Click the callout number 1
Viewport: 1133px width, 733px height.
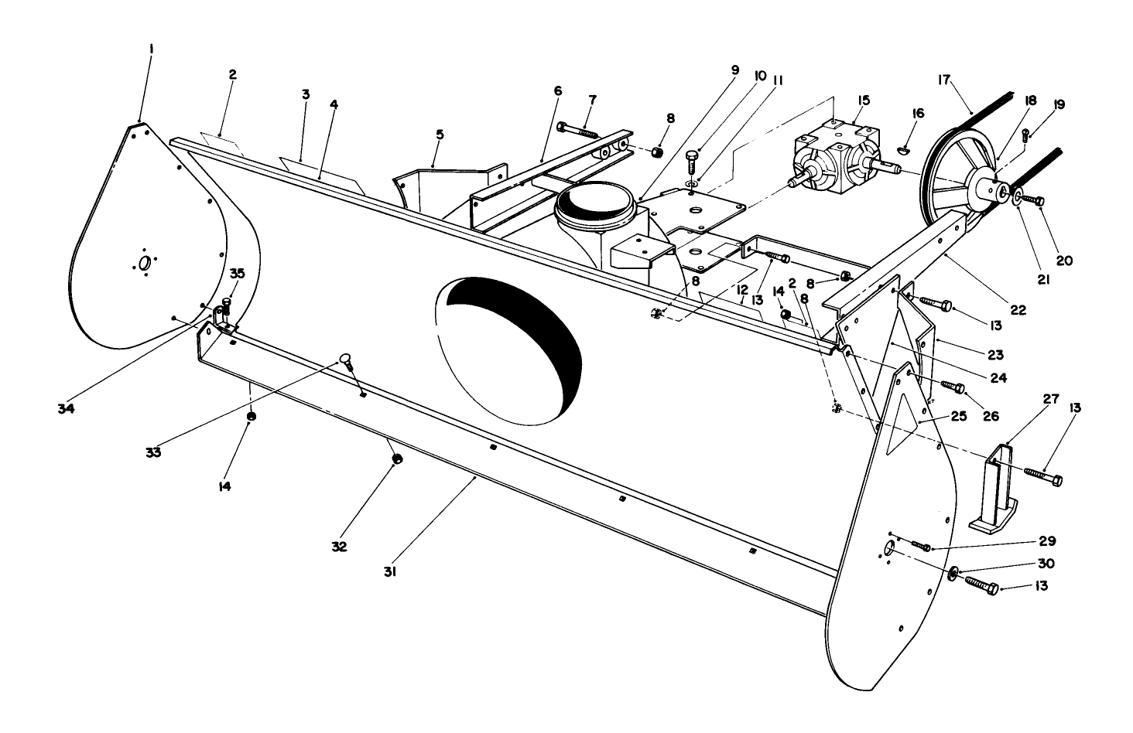tap(152, 49)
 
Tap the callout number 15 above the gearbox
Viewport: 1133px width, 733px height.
tap(864, 100)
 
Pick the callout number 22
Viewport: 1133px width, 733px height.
tap(1018, 309)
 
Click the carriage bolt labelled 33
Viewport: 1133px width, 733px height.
tap(348, 361)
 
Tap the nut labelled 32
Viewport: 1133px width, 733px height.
tap(397, 459)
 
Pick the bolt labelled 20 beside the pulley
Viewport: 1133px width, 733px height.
tap(1031, 200)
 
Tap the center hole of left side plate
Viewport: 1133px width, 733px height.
tap(143, 263)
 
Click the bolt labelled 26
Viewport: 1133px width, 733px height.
tap(952, 386)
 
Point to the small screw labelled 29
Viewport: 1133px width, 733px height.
tap(920, 547)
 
